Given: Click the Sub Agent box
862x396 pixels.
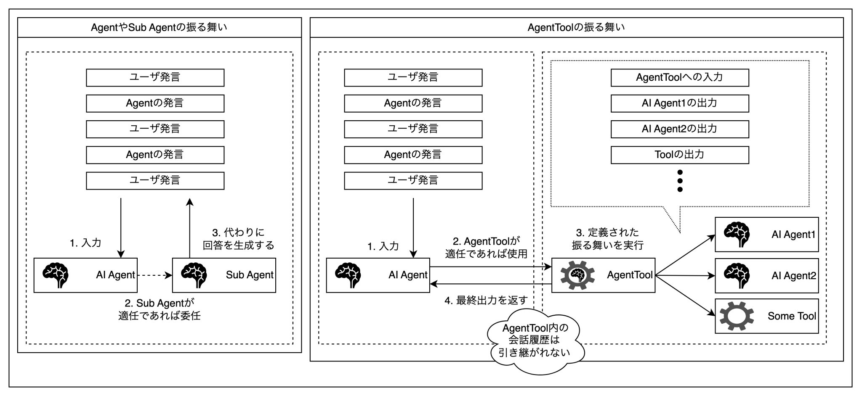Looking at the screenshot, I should [x=224, y=275].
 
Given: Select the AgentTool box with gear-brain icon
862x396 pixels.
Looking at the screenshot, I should [x=603, y=275].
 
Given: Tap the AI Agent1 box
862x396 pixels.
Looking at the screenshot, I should [x=766, y=235].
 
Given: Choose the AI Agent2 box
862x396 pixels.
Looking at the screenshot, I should [x=766, y=275].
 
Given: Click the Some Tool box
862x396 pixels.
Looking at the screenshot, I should [x=766, y=316].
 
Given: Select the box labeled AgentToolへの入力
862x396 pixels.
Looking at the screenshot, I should [x=679, y=78].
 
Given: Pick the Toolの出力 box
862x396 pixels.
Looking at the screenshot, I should [x=679, y=155].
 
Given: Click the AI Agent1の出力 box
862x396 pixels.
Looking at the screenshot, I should [x=679, y=103].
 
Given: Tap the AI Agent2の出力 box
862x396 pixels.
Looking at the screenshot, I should [x=679, y=129].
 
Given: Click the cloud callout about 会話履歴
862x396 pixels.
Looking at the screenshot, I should [x=535, y=341].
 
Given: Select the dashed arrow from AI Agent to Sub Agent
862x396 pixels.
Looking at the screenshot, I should [x=154, y=275].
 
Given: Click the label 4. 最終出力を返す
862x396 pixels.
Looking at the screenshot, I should [x=486, y=301].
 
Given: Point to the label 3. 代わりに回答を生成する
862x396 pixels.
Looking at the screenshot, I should [x=238, y=239].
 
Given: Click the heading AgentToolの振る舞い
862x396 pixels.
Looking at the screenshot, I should [x=576, y=28].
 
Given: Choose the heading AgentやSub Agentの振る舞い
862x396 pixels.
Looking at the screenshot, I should [x=159, y=28].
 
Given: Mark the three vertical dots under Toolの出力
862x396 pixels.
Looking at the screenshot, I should [x=680, y=181].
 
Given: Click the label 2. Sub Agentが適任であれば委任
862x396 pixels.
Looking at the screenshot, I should [x=159, y=309].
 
